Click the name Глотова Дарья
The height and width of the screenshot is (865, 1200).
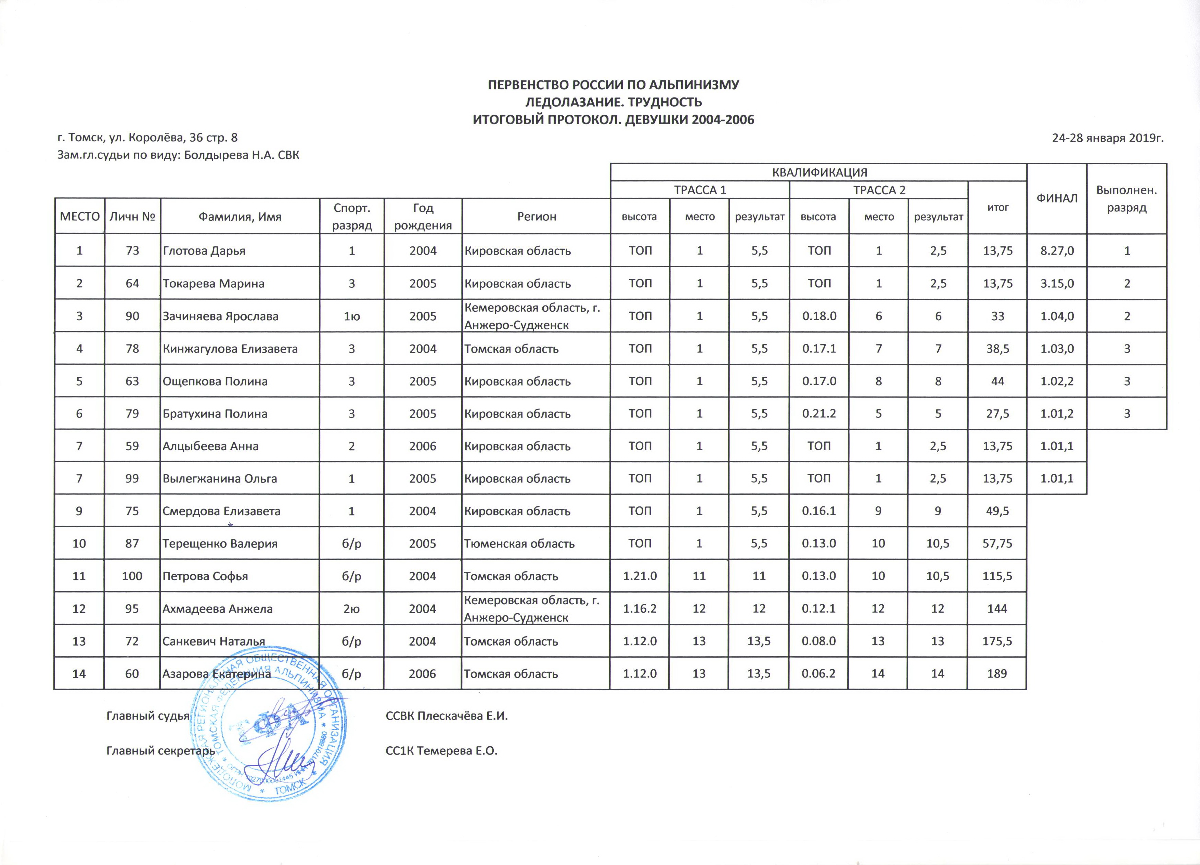tap(204, 251)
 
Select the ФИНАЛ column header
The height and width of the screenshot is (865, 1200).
tap(1057, 198)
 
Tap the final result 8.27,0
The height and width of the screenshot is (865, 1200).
tap(1057, 251)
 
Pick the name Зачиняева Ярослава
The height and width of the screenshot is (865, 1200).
tap(220, 317)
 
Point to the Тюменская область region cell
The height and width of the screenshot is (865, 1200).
tap(519, 544)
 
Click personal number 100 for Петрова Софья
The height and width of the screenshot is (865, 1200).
tap(132, 576)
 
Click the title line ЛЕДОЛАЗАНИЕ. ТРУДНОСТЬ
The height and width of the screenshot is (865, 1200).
tap(613, 102)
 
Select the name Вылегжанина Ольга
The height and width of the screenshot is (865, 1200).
tap(220, 479)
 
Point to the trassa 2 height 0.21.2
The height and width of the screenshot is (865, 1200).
tap(819, 414)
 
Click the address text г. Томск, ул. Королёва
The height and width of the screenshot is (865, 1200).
tap(147, 138)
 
